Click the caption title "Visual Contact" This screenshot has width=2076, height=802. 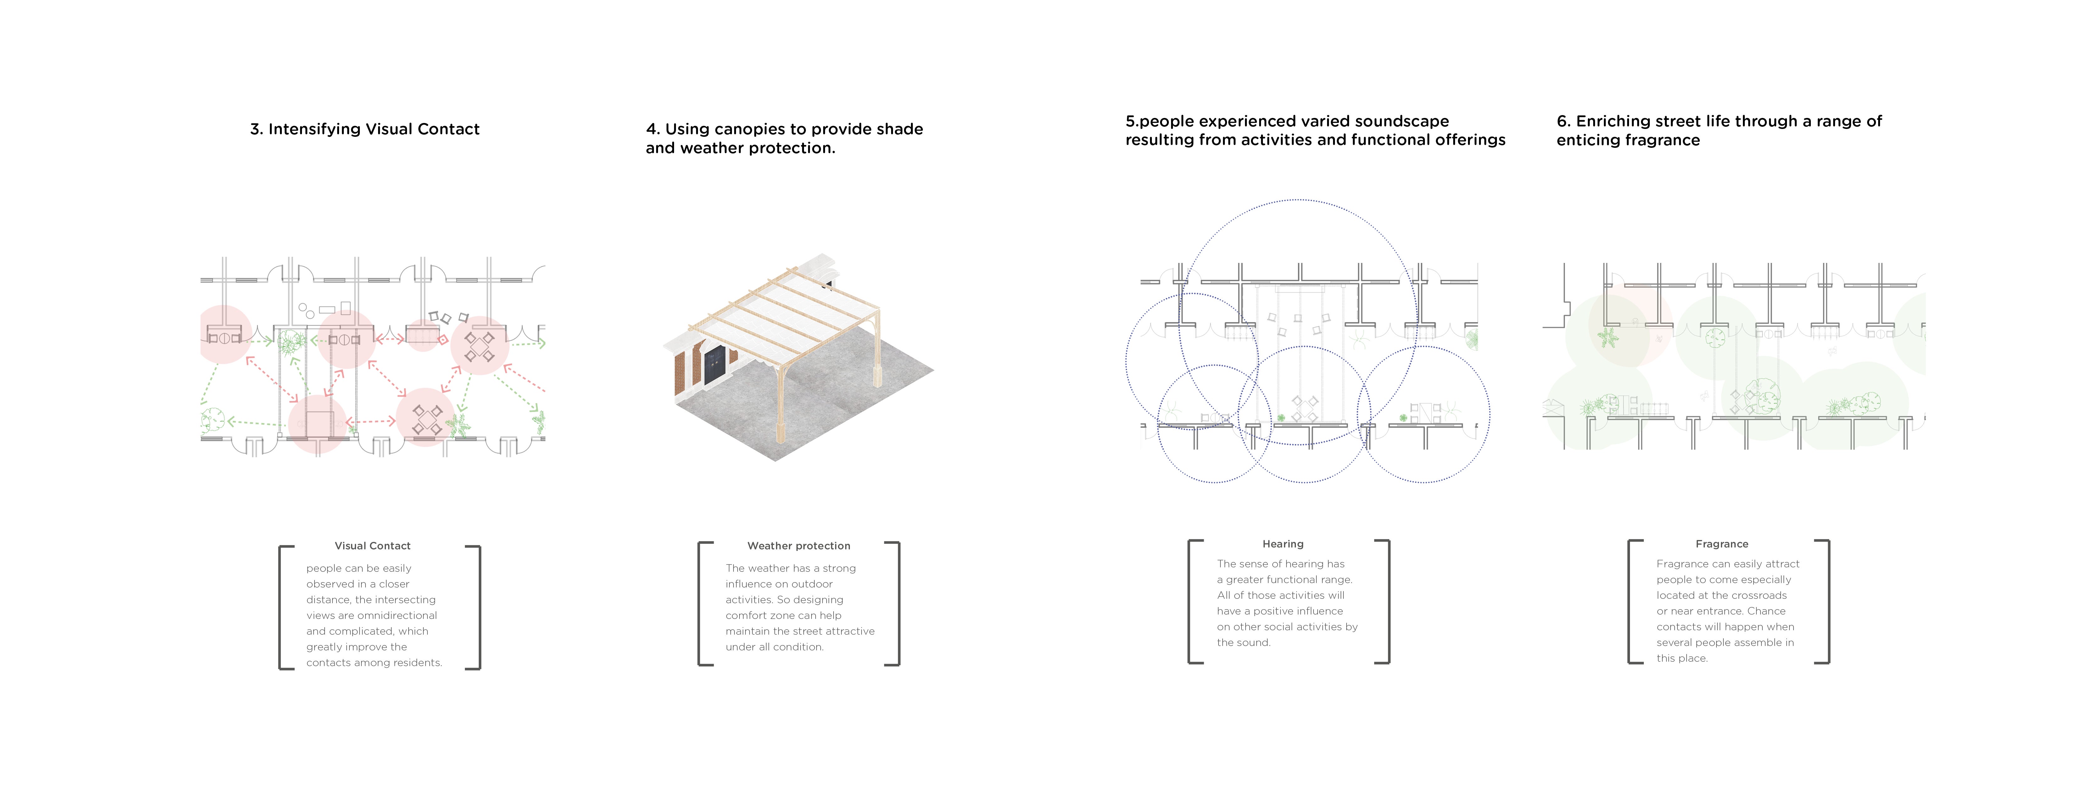click(x=372, y=546)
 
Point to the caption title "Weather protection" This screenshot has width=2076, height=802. click(x=799, y=546)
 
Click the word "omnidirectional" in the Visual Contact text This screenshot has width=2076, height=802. click(x=397, y=615)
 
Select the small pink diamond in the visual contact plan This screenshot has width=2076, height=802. click(x=443, y=339)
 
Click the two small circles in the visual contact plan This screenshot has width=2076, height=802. click(x=305, y=310)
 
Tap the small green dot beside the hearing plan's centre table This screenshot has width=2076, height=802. click(x=1281, y=418)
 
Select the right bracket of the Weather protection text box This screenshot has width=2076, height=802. click(x=894, y=604)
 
